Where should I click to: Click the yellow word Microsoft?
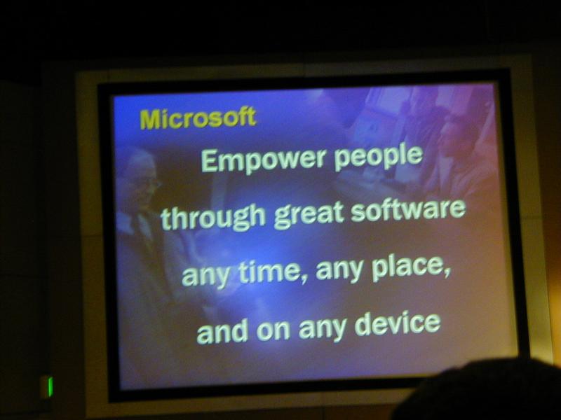coord(198,118)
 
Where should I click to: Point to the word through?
coord(213,218)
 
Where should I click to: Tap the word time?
coord(270,271)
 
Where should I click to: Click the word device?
coord(398,323)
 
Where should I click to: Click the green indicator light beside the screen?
coord(50,386)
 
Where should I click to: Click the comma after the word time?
coord(304,279)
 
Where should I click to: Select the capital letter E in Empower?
coord(209,162)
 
